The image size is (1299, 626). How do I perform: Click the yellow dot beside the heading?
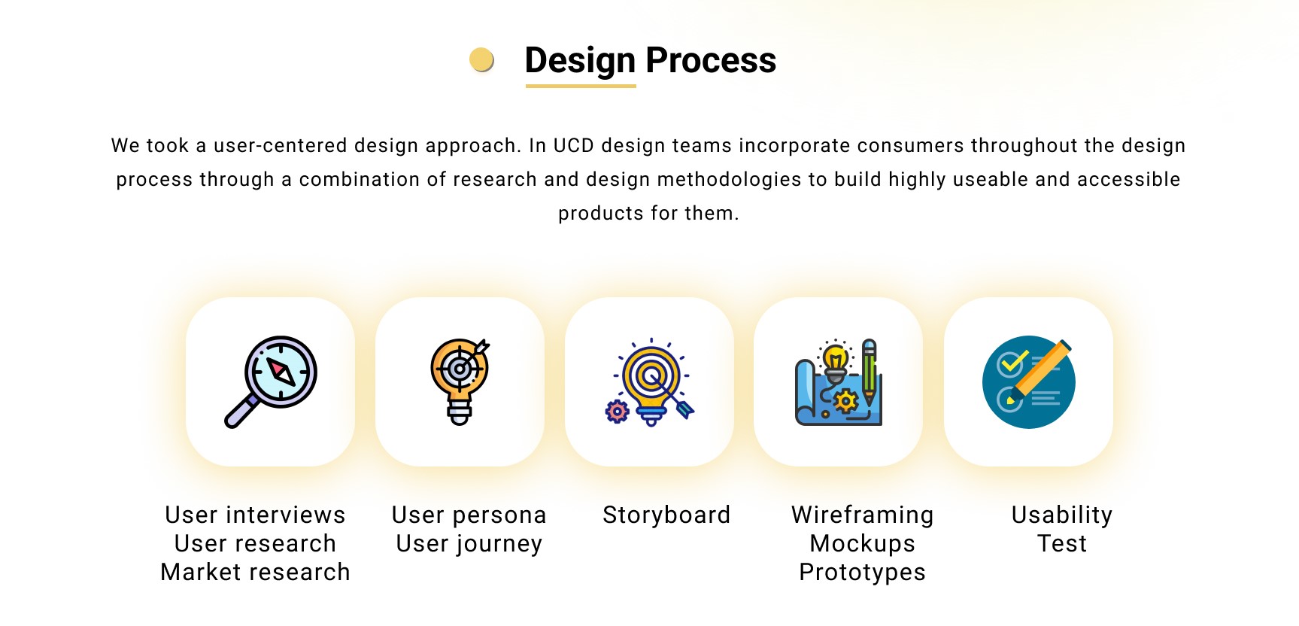click(x=481, y=59)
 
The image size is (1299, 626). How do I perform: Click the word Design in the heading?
click(x=580, y=61)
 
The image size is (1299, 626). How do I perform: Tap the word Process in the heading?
click(x=711, y=60)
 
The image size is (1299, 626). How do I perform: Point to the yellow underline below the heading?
click(x=581, y=86)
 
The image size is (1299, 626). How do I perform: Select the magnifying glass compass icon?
click(x=271, y=381)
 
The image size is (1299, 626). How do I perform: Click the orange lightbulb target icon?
click(x=460, y=381)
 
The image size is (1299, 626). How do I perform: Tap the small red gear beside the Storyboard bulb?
click(x=617, y=411)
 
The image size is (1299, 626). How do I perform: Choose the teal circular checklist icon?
click(x=1028, y=381)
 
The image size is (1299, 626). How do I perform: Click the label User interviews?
click(x=256, y=515)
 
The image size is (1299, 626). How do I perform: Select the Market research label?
click(x=256, y=572)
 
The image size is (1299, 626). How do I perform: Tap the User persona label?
click(x=469, y=515)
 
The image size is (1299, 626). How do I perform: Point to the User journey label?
click(x=469, y=544)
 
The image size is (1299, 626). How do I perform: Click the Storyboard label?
click(x=666, y=515)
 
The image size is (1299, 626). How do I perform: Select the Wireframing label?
click(x=863, y=515)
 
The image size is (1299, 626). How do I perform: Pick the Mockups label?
click(x=863, y=544)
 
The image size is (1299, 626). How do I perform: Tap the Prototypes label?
click(x=863, y=573)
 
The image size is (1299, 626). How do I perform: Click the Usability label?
click(x=1062, y=515)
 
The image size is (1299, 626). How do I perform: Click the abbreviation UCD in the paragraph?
click(x=574, y=145)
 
